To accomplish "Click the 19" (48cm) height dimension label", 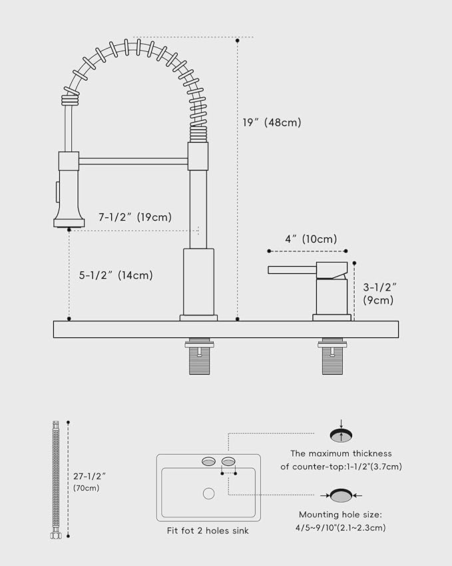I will [x=272, y=123].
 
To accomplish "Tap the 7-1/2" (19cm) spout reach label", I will [x=135, y=217].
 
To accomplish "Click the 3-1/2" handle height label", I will [x=380, y=293].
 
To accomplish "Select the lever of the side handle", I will [x=293, y=269].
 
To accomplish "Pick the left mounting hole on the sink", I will [x=208, y=461].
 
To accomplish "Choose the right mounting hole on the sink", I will [x=228, y=461].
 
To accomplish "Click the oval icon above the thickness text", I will [x=341, y=435].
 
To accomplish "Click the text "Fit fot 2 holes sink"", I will [x=208, y=531].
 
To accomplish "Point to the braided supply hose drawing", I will [x=55, y=480].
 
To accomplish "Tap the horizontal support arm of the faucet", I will [x=133, y=161].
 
